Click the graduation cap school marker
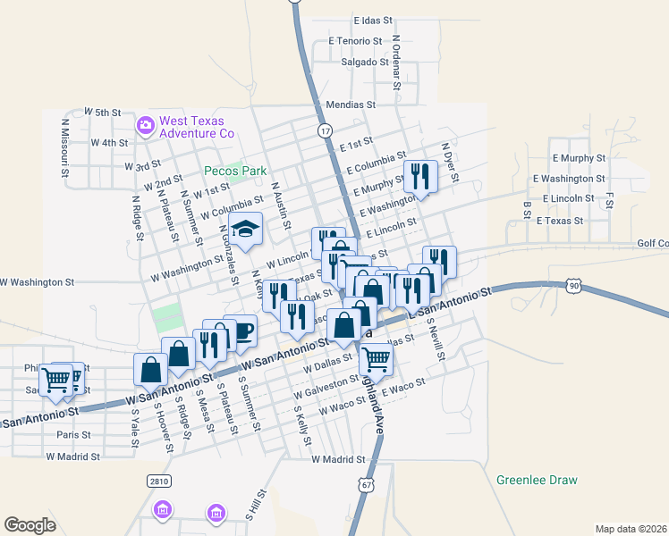click(245, 230)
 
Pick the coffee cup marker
click(243, 333)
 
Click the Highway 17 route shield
click(325, 130)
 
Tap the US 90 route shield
click(572, 285)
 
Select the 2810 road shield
click(158, 481)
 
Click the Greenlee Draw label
click(537, 480)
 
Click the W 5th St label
click(102, 112)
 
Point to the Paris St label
click(73, 435)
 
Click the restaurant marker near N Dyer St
click(419, 176)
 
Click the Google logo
click(30, 525)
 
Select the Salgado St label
click(365, 62)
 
